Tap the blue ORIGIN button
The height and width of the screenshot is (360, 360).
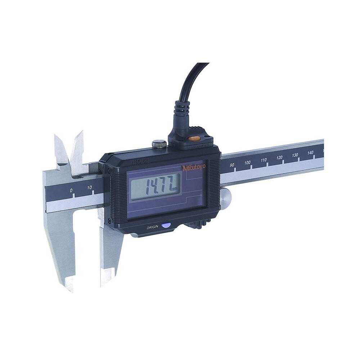[166, 226]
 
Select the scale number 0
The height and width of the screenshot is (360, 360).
[71, 190]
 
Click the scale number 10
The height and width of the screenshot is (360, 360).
[90, 187]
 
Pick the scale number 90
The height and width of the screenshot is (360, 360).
[232, 165]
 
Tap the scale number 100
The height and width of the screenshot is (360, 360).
[247, 163]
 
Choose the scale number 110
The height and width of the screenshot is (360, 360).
[264, 160]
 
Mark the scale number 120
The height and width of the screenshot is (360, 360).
[279, 158]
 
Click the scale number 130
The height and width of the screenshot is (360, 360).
[295, 155]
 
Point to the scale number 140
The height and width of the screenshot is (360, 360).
[311, 153]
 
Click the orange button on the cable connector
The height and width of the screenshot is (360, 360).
[194, 138]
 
